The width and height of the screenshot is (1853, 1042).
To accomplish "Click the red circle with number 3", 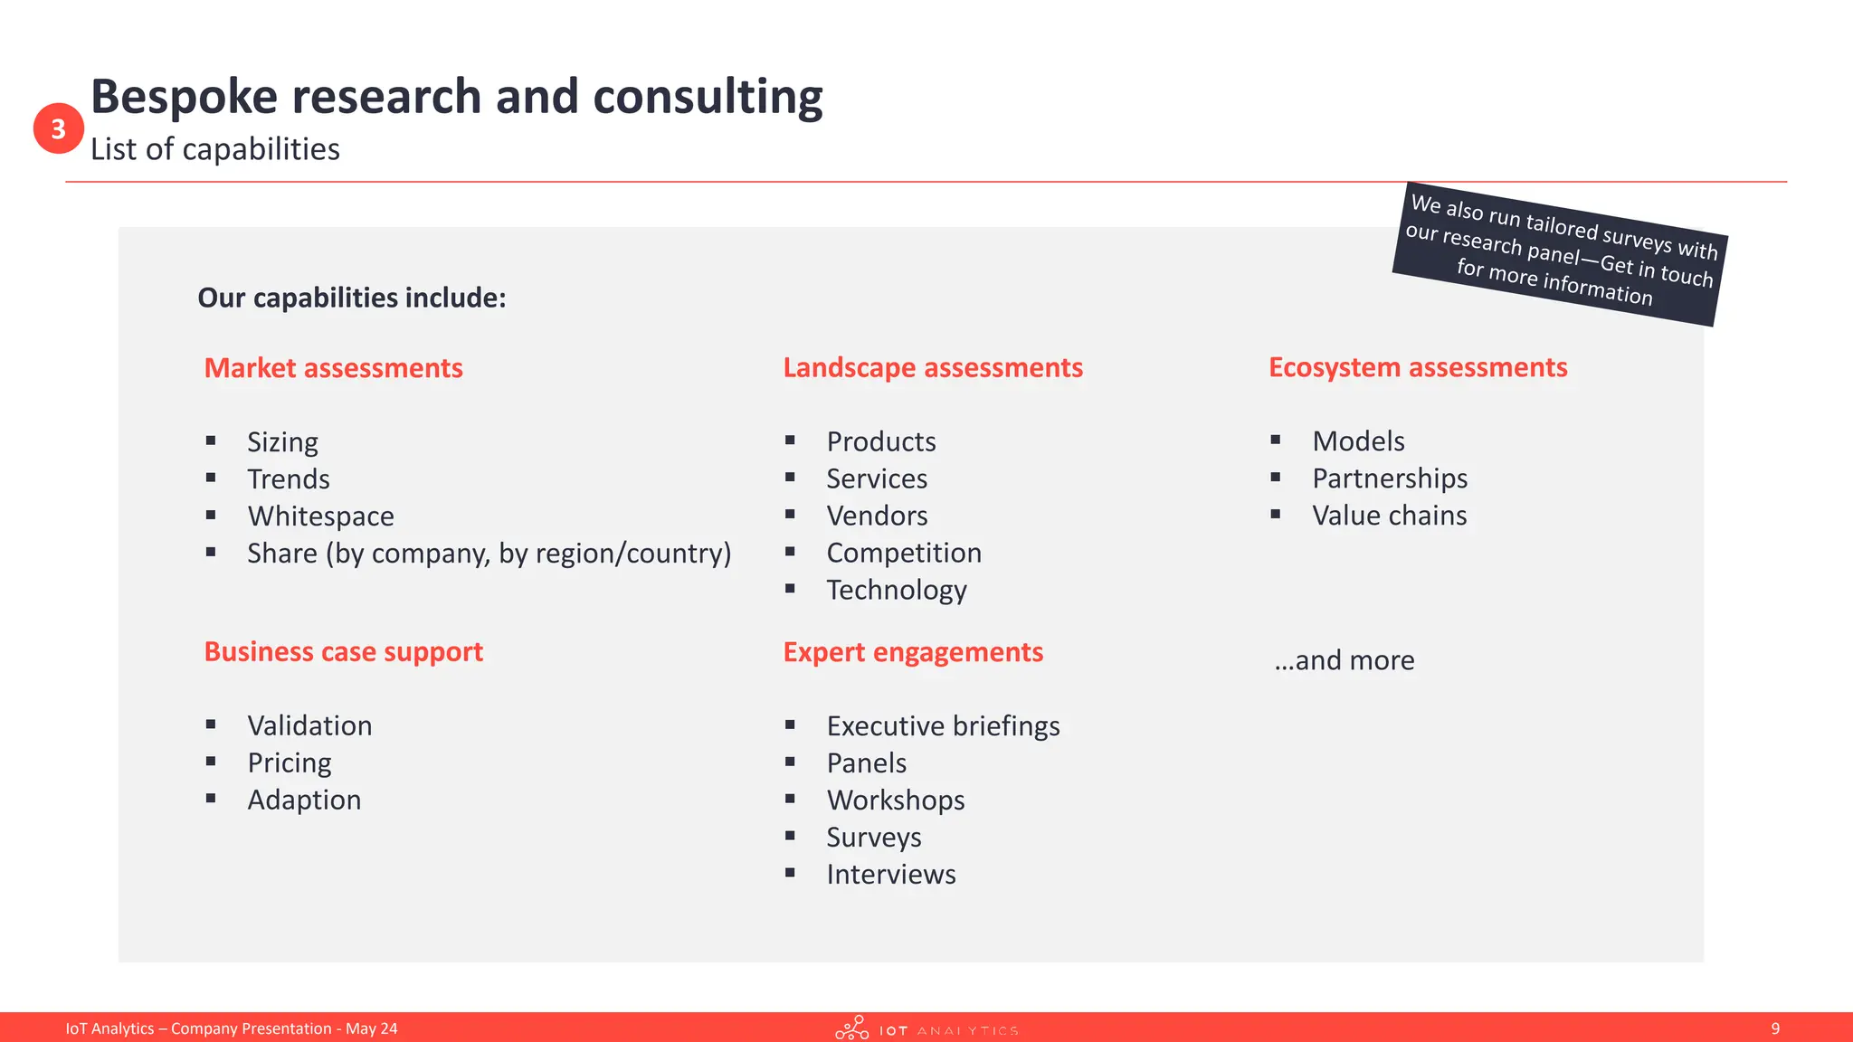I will point(59,128).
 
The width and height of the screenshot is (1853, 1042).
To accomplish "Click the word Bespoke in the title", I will point(184,97).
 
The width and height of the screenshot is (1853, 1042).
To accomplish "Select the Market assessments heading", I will point(333,368).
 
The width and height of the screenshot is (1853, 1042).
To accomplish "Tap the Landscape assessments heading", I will point(932,367).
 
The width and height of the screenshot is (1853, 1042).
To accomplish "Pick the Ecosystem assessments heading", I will point(1417,367).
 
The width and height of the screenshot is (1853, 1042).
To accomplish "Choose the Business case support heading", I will point(343,651).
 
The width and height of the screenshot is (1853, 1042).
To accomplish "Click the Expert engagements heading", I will point(912,652).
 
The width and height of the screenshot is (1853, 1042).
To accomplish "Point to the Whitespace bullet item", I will point(320,516).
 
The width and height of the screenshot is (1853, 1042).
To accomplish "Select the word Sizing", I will point(282,442).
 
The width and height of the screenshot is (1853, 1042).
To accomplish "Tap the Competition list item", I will point(903,553).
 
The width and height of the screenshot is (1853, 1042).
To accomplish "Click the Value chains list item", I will point(1389,516).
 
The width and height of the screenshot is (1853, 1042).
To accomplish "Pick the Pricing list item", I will point(290,763).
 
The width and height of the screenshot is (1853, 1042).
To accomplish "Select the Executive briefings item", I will point(943,725).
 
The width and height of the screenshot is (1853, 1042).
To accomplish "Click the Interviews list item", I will point(890,875).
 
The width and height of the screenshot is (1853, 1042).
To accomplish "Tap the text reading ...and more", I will point(1344,660).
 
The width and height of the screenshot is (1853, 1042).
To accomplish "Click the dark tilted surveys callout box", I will point(1559,254).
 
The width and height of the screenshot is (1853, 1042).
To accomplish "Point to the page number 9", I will point(1775,1028).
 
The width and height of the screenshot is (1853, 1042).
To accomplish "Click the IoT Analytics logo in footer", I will point(926,1028).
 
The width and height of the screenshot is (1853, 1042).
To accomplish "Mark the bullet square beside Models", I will point(1275,440).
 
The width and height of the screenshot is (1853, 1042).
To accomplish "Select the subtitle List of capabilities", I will point(214,149).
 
